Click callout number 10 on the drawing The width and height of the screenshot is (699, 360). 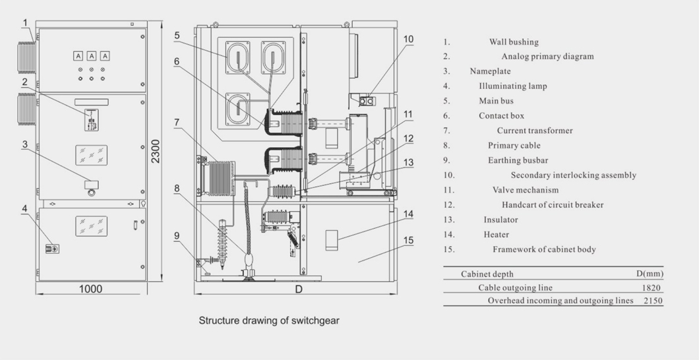click(409, 40)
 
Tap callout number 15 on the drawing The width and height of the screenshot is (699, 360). click(409, 240)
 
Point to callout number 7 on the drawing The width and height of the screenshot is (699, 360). click(177, 122)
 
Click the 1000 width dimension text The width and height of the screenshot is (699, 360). click(90, 289)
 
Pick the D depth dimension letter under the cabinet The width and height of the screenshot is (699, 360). click(298, 289)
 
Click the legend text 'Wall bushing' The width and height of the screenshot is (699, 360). click(514, 42)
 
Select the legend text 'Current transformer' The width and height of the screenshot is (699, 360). click(535, 131)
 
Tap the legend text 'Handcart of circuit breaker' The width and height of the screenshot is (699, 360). click(553, 205)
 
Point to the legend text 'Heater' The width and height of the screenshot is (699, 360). click(497, 235)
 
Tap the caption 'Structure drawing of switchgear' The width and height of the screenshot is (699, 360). click(269, 321)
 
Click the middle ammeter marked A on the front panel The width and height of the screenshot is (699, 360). click(92, 56)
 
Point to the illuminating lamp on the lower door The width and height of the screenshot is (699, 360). click(49, 249)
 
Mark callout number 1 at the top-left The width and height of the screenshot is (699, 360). click(26, 23)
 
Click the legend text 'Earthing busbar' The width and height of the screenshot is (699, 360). click(518, 160)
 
